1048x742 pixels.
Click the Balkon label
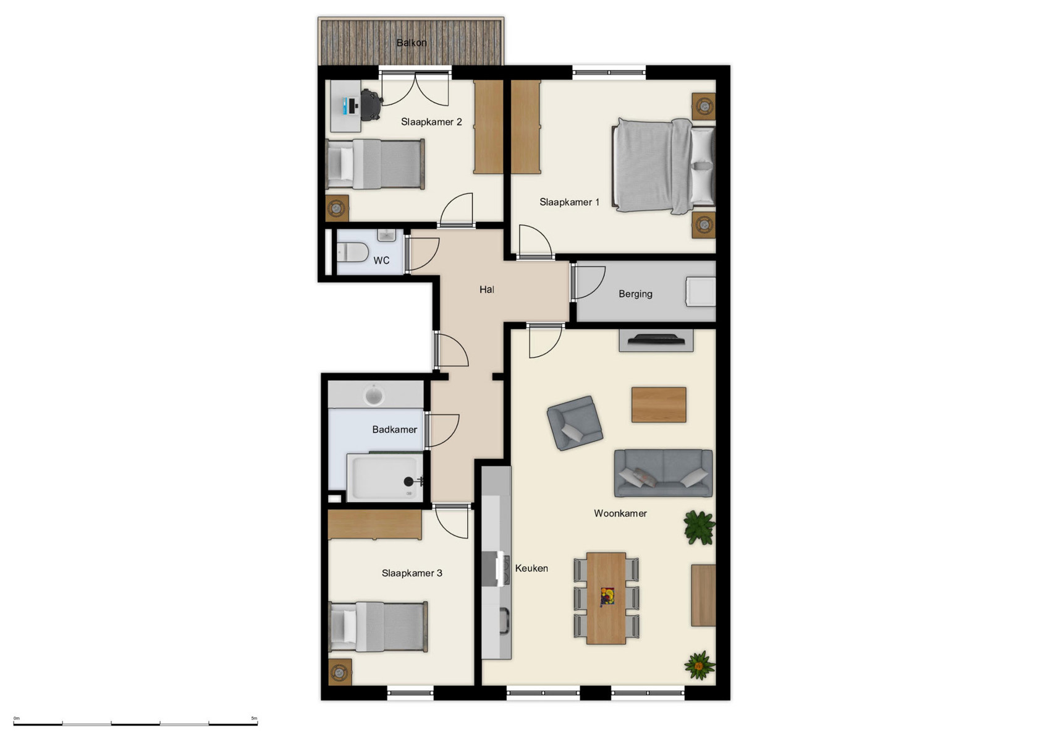coord(412,43)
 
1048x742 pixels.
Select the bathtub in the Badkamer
coord(384,477)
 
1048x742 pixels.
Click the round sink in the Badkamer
coord(374,394)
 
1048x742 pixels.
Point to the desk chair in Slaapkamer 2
coord(370,104)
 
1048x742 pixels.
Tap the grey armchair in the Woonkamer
coord(574,423)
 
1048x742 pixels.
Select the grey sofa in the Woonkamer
coord(663,473)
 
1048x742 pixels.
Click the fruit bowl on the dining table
coord(607,597)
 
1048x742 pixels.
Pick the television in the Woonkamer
coord(656,339)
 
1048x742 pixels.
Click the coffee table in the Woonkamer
coord(659,404)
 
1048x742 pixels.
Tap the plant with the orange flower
coord(699,665)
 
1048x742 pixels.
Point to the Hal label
coord(487,289)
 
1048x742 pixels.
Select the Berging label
coord(635,294)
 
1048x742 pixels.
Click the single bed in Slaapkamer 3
coord(378,626)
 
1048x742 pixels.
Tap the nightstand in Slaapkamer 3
coord(339,672)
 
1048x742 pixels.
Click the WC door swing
coord(423,254)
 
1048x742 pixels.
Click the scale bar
coord(135,723)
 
